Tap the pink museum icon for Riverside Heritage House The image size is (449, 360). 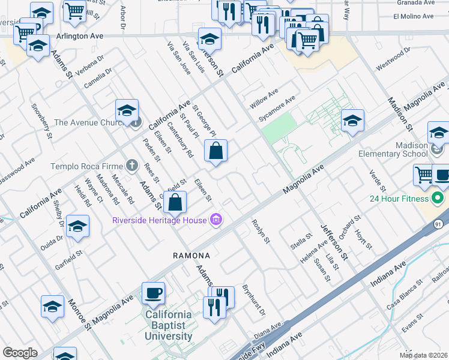(x=216, y=220)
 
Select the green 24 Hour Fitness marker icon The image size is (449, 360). (x=440, y=199)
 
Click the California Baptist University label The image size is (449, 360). (x=169, y=325)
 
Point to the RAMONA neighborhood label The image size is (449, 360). (x=192, y=256)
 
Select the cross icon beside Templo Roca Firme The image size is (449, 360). (x=131, y=166)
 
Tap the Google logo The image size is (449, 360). (x=20, y=353)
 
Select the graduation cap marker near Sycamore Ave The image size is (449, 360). (x=352, y=121)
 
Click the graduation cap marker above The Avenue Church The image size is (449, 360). (x=127, y=111)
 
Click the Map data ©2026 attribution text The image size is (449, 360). (x=424, y=355)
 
